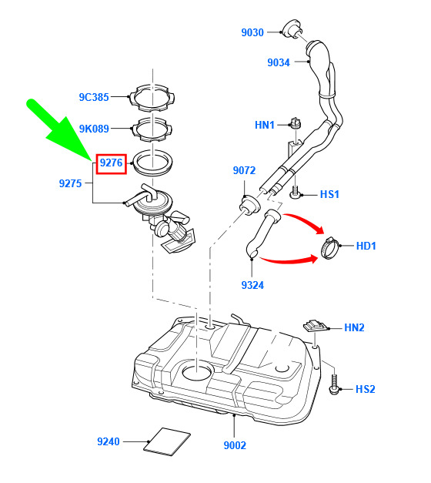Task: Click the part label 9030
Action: coord(252,32)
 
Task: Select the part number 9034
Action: coord(279,62)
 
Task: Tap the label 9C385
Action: coord(94,97)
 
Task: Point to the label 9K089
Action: coord(94,129)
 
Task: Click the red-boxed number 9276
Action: coord(111,163)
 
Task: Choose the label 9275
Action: coord(70,183)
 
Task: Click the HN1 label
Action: coord(265,125)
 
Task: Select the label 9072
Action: coord(244,170)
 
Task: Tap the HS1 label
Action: coord(329,194)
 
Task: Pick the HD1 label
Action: coord(366,246)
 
